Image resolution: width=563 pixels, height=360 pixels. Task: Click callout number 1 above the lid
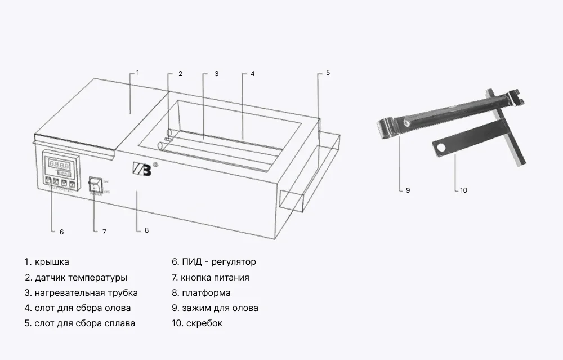138,73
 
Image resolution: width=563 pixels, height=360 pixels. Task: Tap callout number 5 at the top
328,73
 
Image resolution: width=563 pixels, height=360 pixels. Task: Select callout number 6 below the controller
61,232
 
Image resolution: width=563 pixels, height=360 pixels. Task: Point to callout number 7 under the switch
104,232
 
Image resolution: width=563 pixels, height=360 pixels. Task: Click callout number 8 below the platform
146,230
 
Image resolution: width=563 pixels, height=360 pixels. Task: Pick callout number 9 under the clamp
408,190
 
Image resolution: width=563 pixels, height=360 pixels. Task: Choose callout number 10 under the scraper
463,190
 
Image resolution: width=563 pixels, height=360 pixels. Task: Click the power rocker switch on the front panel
95,184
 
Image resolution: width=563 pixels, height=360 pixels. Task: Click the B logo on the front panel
141,169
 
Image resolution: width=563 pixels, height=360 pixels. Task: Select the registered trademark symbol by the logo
155,165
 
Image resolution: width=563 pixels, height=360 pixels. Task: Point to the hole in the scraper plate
443,148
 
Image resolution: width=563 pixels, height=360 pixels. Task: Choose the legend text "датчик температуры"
81,278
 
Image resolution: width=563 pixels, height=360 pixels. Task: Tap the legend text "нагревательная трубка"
86,293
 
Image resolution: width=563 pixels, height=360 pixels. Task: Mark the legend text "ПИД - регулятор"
218,262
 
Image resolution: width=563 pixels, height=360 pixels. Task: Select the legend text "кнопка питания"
215,278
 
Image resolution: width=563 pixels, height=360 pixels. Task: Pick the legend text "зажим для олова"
220,308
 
